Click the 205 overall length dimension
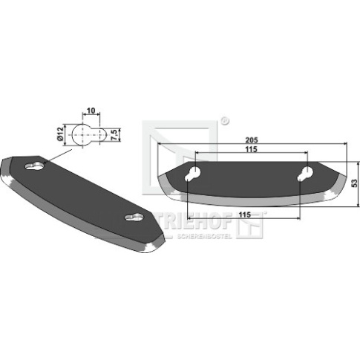(252, 140)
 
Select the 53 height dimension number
(355, 183)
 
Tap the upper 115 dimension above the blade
(252, 149)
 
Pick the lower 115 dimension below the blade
(245, 215)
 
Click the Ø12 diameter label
(60, 134)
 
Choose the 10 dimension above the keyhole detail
(91, 111)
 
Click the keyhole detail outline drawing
(88, 135)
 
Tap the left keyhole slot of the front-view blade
(192, 174)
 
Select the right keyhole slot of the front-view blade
(305, 174)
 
